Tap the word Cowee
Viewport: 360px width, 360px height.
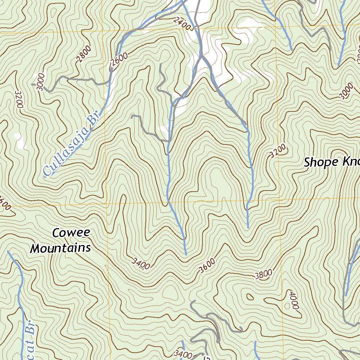pos(71,233)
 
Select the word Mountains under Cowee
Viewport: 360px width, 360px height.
pos(60,248)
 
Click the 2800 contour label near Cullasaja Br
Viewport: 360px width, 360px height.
pos(83,53)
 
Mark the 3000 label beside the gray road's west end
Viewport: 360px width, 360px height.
pos(41,82)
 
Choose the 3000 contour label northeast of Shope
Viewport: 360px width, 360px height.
pos(346,91)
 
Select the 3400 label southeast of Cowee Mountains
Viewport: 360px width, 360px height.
pos(141,263)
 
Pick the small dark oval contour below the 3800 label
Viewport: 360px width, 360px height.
pos(250,297)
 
